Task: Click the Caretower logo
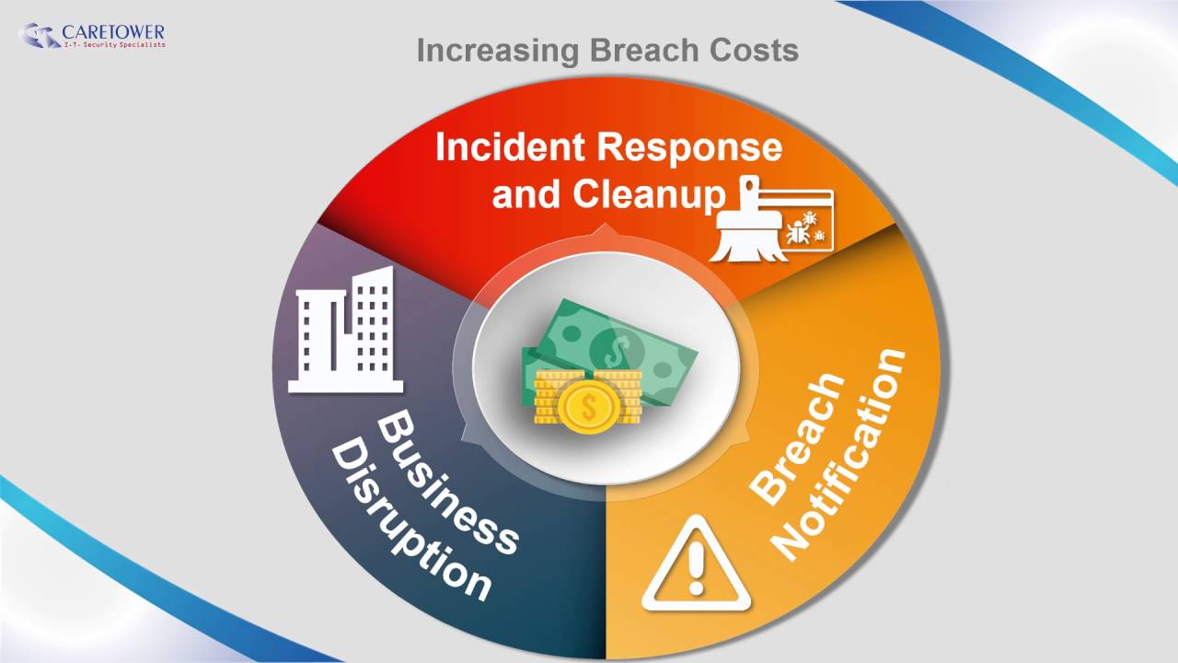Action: click(x=91, y=36)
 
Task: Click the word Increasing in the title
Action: click(x=498, y=50)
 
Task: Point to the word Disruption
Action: click(x=410, y=521)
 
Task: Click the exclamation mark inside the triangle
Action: click(x=697, y=569)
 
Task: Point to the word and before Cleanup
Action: click(x=527, y=194)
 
